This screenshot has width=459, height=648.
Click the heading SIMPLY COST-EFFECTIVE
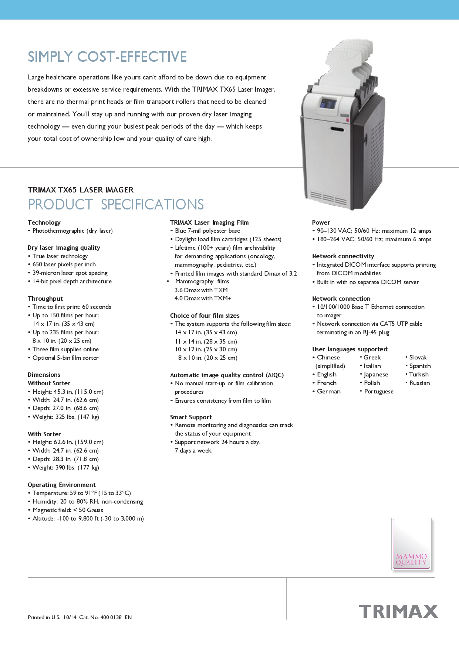(x=107, y=57)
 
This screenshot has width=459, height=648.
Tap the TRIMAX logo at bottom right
(x=398, y=611)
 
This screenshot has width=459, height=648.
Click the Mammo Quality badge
(x=412, y=544)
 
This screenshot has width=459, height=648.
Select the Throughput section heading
(x=45, y=299)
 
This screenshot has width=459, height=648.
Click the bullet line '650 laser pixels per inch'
(x=64, y=265)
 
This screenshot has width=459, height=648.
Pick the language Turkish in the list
(x=419, y=374)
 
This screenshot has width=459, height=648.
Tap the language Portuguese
(x=379, y=392)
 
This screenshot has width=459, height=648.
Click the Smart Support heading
(x=191, y=417)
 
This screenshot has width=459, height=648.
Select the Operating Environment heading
(x=61, y=485)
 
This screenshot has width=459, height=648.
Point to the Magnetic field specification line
(x=68, y=510)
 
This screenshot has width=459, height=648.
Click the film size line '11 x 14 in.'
(x=206, y=341)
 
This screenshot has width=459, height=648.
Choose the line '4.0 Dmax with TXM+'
(x=203, y=299)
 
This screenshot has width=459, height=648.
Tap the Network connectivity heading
(x=343, y=256)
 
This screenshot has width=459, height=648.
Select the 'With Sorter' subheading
(x=44, y=434)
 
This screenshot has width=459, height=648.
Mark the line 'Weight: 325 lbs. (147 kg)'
(x=65, y=417)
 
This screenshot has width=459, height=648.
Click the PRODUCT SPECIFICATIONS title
(x=116, y=205)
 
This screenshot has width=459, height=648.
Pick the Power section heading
(x=321, y=222)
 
